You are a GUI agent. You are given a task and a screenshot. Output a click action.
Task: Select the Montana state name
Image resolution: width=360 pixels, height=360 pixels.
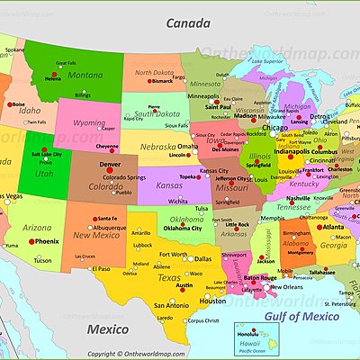[x=86, y=75]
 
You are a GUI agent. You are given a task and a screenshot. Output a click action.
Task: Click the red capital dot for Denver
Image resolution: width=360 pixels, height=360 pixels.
[x=110, y=173]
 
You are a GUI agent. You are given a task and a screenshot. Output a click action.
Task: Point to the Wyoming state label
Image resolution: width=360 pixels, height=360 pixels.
[x=89, y=122]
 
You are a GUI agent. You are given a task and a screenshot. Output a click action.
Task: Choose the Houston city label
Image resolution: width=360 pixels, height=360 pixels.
[x=212, y=301]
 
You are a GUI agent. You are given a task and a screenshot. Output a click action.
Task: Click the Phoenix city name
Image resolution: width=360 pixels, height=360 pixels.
[x=47, y=241]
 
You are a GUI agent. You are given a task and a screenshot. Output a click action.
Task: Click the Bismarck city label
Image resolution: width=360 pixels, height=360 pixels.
[x=162, y=80]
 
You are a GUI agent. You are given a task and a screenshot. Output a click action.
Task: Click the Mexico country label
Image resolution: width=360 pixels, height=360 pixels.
[x=107, y=329]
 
